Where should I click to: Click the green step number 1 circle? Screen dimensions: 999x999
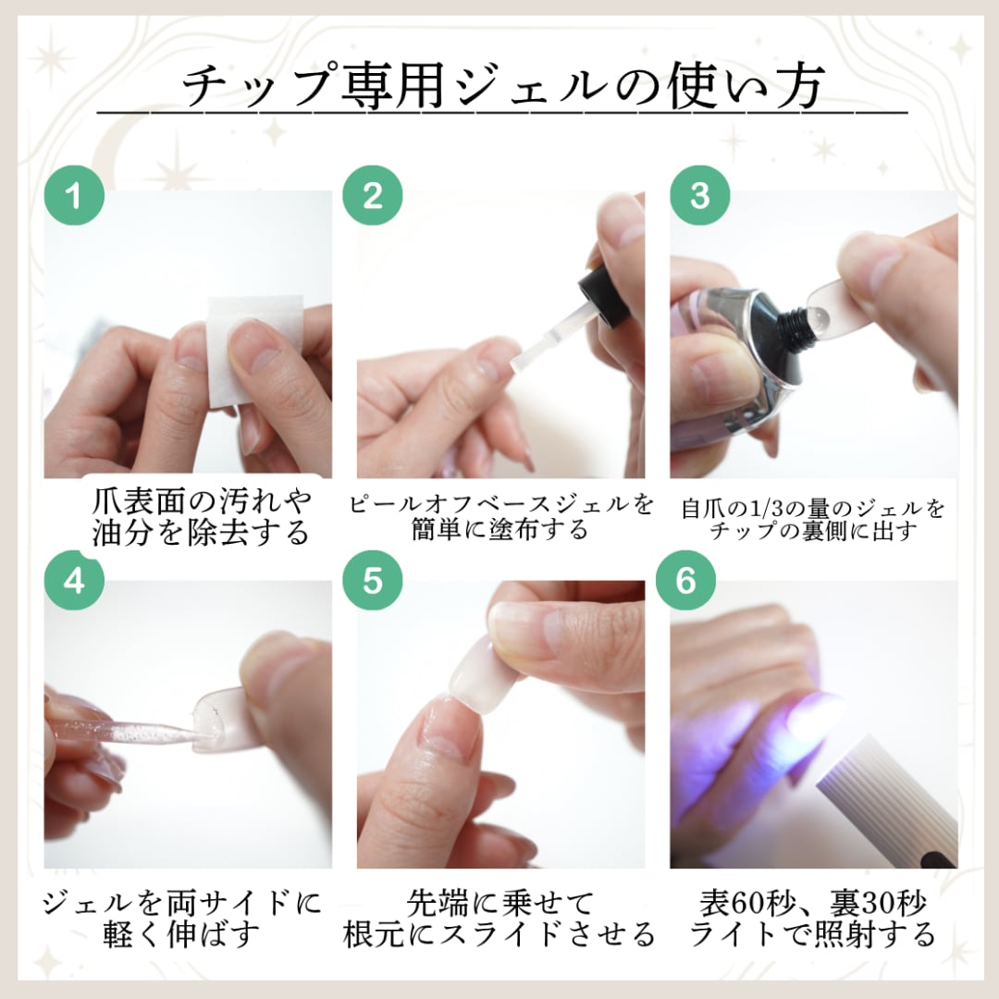75,196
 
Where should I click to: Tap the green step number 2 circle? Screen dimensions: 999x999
372,196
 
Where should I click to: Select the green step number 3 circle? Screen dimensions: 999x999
700,196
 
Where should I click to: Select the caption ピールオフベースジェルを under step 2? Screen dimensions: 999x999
501,504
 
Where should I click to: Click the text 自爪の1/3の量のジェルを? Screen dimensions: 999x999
813,508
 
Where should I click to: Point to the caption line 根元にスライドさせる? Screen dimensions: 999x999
499,933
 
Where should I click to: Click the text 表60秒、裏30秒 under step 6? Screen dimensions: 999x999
812,903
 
